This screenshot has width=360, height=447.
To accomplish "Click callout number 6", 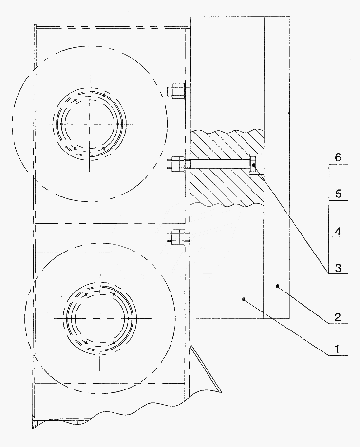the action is click(338, 157).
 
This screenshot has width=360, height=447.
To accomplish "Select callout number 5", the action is click(338, 194).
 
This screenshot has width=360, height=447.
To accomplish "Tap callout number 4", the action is click(338, 231).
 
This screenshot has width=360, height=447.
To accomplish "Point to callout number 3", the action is click(338, 268).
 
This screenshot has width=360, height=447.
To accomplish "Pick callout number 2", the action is click(338, 317).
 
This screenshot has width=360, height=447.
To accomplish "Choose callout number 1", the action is click(337, 349).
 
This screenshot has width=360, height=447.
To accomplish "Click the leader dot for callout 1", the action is click(244, 299).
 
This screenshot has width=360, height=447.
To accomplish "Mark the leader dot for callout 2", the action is click(278, 286).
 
